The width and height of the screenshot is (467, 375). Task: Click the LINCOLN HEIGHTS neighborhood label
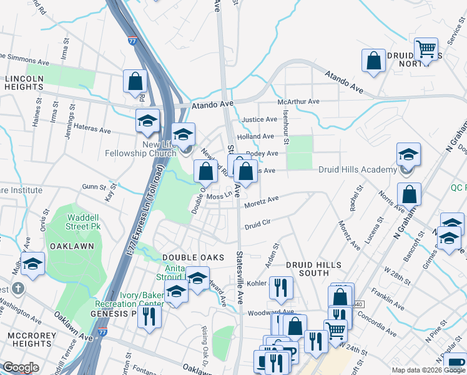[24, 82]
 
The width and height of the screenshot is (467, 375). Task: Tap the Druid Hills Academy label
[357, 169]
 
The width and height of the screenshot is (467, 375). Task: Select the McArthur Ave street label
[298, 101]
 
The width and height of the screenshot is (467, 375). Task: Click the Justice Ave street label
[259, 119]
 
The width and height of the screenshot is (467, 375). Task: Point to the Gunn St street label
[94, 186]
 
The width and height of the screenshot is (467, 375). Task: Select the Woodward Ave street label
[270, 312]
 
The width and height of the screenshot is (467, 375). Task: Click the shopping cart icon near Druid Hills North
[426, 49]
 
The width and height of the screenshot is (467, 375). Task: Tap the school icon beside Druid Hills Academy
[408, 155]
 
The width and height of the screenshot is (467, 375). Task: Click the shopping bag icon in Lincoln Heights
[135, 81]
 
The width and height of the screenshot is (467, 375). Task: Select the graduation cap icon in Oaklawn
[32, 265]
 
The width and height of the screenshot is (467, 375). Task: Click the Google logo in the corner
[21, 367]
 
